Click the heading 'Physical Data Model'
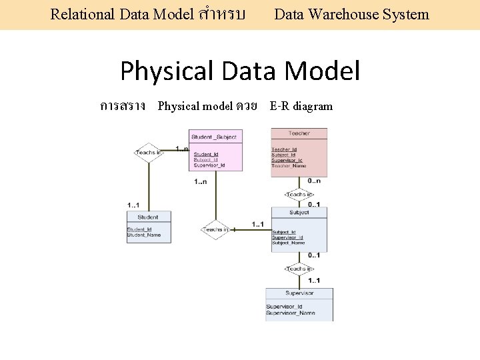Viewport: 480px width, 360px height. click(240, 71)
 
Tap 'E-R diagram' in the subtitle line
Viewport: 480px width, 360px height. click(301, 106)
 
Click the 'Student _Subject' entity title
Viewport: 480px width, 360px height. click(213, 137)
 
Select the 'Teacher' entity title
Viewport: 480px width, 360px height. click(299, 133)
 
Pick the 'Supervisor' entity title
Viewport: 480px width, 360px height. click(299, 293)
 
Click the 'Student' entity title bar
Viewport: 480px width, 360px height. click(148, 217)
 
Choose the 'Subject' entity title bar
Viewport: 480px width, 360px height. click(299, 213)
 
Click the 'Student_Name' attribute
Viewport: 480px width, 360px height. click(144, 235)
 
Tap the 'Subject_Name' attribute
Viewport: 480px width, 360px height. click(289, 243)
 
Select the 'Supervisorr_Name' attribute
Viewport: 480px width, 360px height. click(291, 313)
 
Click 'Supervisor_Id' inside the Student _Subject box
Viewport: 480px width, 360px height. click(209, 165)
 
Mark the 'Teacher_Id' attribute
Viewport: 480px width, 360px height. click(285, 149)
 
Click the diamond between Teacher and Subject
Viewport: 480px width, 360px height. click(299, 195)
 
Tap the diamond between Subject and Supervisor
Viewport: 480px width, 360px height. click(299, 269)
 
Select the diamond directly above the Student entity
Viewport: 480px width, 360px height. click(148, 153)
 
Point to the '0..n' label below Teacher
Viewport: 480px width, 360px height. click(313, 181)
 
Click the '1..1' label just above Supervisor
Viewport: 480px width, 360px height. click(313, 280)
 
